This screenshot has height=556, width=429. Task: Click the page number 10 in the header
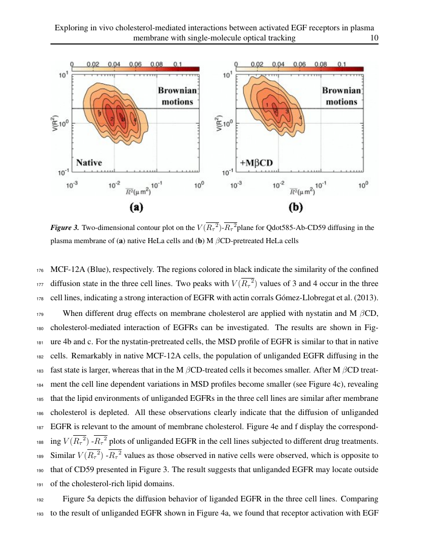[374, 38]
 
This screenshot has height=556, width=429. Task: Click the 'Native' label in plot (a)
[89, 163]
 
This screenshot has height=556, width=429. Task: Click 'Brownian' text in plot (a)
[177, 91]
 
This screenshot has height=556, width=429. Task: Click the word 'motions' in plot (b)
[341, 102]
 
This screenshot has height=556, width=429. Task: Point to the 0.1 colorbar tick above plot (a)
[178, 65]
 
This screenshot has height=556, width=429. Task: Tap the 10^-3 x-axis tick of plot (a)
[72, 186]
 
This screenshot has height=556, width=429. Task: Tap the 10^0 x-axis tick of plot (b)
[363, 186]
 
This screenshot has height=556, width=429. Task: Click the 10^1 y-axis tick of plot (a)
[64, 76]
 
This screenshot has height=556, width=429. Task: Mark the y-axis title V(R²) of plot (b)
[219, 125]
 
